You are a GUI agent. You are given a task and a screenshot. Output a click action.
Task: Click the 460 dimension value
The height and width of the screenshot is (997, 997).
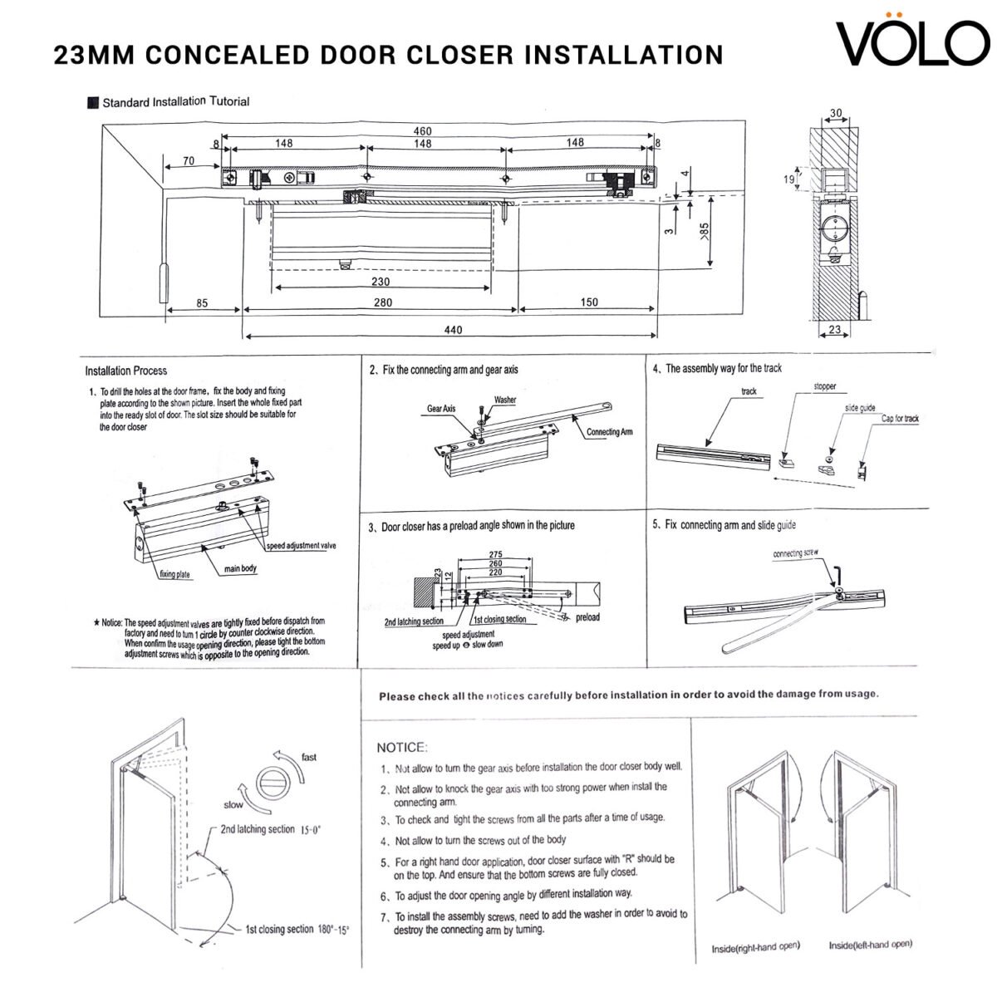click(422, 131)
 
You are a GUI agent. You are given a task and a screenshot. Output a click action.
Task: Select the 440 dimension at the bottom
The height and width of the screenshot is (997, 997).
click(453, 330)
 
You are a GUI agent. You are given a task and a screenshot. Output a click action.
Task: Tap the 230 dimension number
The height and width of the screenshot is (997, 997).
click(381, 282)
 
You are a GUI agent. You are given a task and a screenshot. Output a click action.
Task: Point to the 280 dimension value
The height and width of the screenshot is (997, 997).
click(382, 303)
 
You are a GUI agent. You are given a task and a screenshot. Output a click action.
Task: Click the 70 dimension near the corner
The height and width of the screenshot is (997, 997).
click(189, 160)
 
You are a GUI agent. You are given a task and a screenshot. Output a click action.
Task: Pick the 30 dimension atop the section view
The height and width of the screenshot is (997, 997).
click(835, 114)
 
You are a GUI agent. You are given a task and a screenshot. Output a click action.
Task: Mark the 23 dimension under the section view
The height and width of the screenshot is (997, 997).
click(834, 330)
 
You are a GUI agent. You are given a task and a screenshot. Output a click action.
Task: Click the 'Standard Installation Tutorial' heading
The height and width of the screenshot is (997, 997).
click(175, 101)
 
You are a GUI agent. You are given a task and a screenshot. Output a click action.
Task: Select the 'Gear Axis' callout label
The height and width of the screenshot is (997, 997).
click(441, 409)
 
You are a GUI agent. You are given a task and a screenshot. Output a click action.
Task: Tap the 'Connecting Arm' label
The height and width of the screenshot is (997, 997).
click(609, 432)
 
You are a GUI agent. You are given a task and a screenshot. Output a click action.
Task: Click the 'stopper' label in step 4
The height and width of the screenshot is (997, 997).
click(825, 386)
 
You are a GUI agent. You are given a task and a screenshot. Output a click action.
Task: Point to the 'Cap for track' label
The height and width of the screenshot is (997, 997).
click(900, 419)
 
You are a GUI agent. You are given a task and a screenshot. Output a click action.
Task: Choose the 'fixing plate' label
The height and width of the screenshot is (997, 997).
click(174, 574)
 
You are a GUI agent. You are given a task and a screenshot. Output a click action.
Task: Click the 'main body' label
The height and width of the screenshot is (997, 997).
click(241, 569)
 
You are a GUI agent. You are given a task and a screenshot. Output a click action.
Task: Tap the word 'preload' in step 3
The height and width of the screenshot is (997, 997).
click(587, 617)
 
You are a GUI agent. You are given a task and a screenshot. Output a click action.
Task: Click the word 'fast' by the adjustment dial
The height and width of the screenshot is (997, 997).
click(309, 757)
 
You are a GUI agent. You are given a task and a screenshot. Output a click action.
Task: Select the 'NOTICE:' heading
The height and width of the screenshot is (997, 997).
click(402, 747)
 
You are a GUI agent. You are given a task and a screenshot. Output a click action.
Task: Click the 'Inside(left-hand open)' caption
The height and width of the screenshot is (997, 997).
click(870, 945)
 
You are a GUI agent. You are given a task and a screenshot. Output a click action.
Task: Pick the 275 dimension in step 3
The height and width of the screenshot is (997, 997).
click(495, 554)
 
